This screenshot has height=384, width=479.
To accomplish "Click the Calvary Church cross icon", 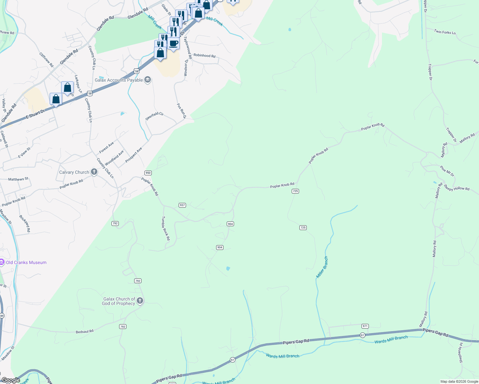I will pyautogui.click(x=94, y=172).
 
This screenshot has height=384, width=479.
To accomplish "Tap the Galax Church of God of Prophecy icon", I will pyautogui.click(x=140, y=301).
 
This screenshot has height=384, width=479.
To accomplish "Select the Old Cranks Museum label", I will pyautogui.click(x=26, y=262).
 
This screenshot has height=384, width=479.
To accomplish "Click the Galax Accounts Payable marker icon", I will pyautogui.click(x=148, y=80).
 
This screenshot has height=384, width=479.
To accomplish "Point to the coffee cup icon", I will pyautogui.click(x=174, y=44).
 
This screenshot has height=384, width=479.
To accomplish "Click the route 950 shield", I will pyautogui.click(x=148, y=173).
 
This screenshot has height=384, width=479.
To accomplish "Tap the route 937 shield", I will pyautogui.click(x=182, y=205).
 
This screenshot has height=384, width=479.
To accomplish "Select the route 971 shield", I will pyautogui.click(x=365, y=326).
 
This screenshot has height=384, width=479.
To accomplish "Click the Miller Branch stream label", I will pyautogui.click(x=322, y=267).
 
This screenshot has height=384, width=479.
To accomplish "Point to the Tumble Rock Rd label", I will pyautogui.click(x=166, y=228).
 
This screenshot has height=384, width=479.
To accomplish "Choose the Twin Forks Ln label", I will pyautogui.click(x=445, y=32).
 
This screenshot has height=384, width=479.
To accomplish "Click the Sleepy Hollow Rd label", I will pyautogui.click(x=456, y=188).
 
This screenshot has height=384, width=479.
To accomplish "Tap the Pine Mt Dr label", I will pyautogui.click(x=447, y=171).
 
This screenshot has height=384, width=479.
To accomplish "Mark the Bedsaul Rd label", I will pyautogui.click(x=85, y=331).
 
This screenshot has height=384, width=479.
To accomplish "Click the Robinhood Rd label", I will pyautogui.click(x=204, y=55).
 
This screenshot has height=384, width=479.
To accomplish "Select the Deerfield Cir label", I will pyautogui.click(x=154, y=116).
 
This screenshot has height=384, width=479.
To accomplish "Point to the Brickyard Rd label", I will pyautogui.click(x=25, y=223).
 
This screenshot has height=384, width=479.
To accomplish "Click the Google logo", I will pyautogui.click(x=11, y=380).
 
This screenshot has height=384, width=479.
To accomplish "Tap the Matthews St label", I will pyautogui.click(x=18, y=179).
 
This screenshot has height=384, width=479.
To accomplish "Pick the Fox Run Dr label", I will pyautogui.click(x=181, y=111).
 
